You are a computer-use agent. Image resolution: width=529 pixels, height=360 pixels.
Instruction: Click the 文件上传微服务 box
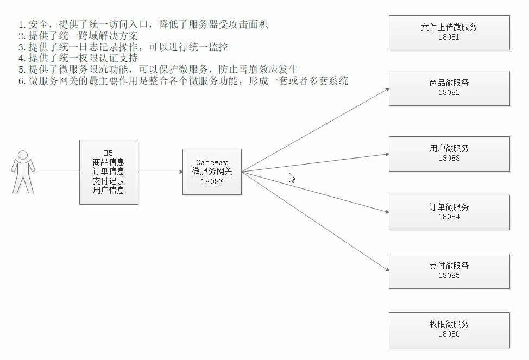tap(449, 33)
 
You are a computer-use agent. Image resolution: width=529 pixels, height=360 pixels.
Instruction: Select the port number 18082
tap(449, 93)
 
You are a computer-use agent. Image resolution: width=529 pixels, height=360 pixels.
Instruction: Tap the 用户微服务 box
tap(449, 154)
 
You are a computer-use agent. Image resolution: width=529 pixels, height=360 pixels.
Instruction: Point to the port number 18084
tap(449, 217)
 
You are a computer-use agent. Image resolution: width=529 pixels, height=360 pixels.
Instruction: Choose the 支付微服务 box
tap(449, 271)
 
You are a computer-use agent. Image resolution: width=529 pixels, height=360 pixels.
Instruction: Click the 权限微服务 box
tap(449, 330)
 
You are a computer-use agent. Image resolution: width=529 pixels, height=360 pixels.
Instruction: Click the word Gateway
tap(212, 162)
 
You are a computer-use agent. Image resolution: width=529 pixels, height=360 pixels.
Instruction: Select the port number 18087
tap(212, 181)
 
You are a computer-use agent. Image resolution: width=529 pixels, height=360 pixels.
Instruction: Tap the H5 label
tap(109, 153)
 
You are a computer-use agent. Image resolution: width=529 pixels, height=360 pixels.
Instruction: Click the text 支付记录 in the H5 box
tap(109, 181)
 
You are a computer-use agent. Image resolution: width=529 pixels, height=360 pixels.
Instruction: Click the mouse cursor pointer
tap(292, 178)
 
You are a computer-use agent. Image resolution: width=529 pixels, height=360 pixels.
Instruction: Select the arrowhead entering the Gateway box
tap(180, 172)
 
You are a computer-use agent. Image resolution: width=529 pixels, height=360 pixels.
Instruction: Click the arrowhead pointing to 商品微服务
tap(387, 89)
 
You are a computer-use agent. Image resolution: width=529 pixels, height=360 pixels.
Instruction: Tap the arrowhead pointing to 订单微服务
tap(387, 212)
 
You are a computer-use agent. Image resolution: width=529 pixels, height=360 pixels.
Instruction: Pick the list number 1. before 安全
tap(22, 25)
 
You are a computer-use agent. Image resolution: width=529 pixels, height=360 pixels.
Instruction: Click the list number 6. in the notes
tap(22, 81)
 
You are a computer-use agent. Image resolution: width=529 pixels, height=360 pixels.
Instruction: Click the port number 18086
tap(449, 334)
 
